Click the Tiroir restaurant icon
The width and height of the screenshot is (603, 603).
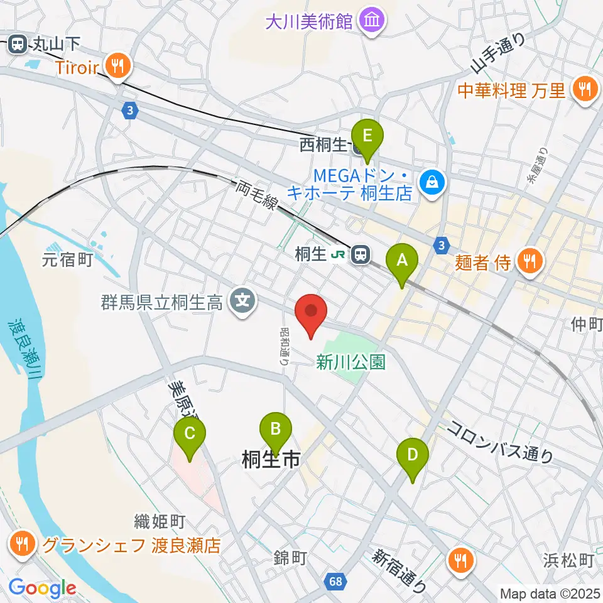tap(117, 64)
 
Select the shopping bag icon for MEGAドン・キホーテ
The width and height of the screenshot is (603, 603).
tap(433, 183)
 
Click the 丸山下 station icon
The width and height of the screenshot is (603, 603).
tap(17, 44)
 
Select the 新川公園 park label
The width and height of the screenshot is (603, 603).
tap(351, 362)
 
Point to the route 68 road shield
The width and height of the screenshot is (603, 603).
tap(335, 581)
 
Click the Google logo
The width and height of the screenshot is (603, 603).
tap(42, 588)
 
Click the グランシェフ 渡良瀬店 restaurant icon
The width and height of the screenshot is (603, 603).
tap(23, 544)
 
